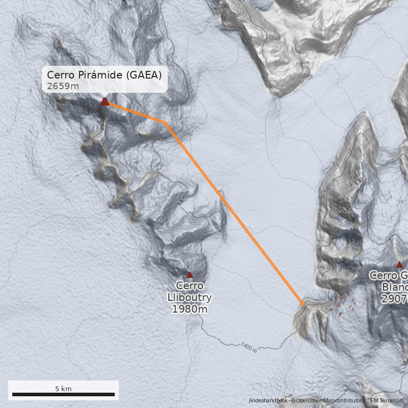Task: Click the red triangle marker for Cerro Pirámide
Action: coord(105,101)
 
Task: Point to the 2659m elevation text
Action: coord(63,86)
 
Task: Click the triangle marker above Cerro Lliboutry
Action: coord(190,274)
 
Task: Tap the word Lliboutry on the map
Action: coord(190,297)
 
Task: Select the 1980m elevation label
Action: coord(190,309)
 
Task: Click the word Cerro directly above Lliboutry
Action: coord(190,286)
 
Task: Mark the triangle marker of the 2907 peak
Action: coord(399,264)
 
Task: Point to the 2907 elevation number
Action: coord(394,298)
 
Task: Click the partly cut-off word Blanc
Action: coord(394,287)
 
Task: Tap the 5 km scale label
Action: coord(63,389)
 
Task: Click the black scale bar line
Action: coord(63,394)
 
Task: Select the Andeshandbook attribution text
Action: coord(268,401)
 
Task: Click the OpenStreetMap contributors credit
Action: coord(326,401)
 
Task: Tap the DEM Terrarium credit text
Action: coord(385,401)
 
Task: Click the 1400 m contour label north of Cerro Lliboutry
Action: coord(184,198)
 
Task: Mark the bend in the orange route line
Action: coord(165,122)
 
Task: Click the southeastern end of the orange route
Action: coord(304,305)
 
